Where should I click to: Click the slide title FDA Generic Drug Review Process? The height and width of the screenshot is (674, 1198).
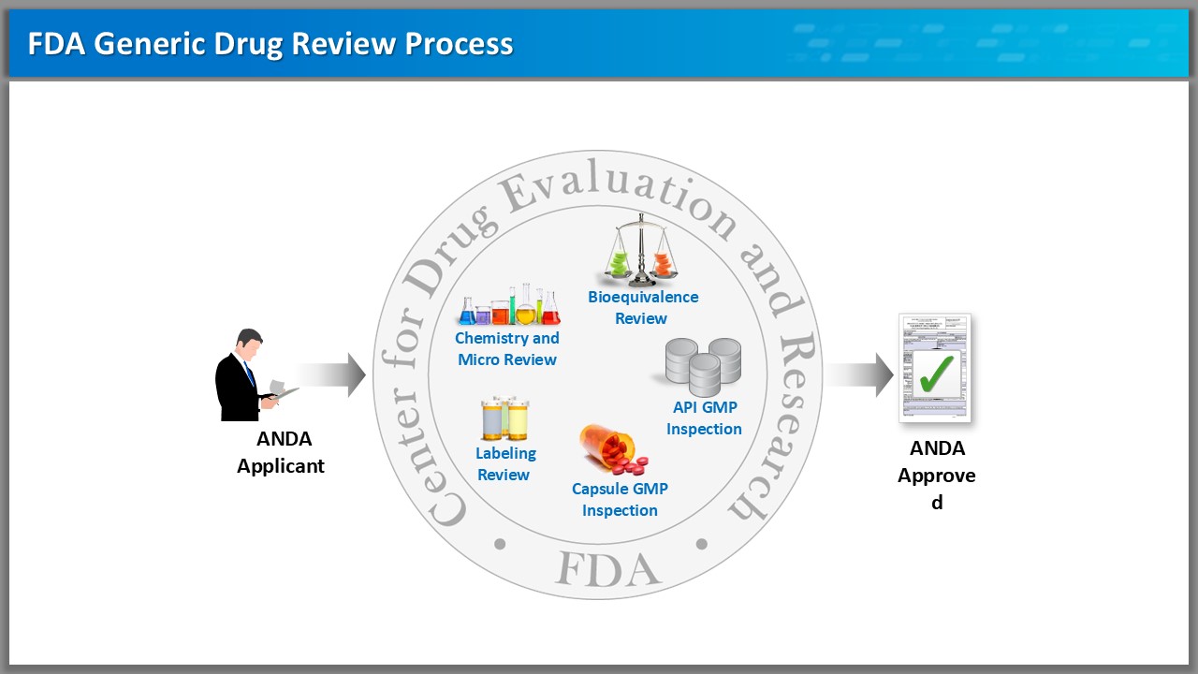(270, 44)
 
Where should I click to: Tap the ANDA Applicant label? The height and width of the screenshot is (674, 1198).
(281, 452)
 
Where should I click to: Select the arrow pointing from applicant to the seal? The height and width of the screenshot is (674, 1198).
(332, 374)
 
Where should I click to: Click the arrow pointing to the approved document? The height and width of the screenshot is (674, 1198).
(859, 374)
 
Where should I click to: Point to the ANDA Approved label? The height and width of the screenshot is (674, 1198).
(937, 476)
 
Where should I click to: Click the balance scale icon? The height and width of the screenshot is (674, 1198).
(641, 250)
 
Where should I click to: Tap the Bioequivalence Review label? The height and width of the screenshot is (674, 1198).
(642, 307)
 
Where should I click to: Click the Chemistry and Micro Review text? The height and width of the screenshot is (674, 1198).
(507, 348)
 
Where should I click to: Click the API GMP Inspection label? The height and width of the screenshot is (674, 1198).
(704, 418)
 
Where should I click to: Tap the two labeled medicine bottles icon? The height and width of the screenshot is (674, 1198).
(504, 418)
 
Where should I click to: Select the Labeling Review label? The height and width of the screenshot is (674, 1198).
(504, 463)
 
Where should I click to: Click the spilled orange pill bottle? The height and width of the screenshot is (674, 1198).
(611, 449)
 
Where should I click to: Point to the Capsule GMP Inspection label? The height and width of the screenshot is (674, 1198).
(620, 499)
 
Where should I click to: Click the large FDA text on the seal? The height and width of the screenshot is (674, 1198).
(607, 568)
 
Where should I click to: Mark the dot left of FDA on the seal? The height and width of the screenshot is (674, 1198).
(499, 544)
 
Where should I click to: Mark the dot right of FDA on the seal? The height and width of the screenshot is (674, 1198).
(702, 544)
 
